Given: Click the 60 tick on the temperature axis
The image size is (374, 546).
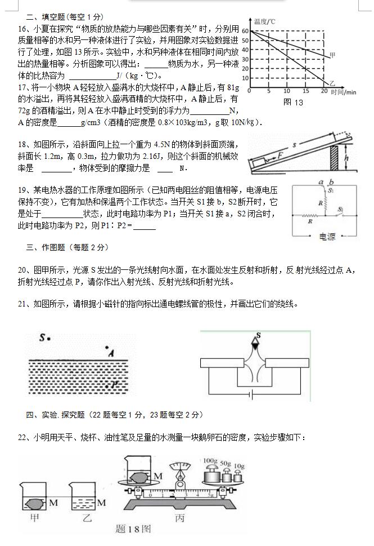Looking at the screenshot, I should click(245, 30).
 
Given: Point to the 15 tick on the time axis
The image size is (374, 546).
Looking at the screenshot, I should click(305, 91).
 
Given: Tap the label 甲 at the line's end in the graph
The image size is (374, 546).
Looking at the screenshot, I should click(332, 55).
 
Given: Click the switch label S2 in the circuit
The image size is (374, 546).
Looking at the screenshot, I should click(340, 208).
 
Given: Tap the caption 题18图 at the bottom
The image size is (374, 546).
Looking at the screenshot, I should click(133, 529).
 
